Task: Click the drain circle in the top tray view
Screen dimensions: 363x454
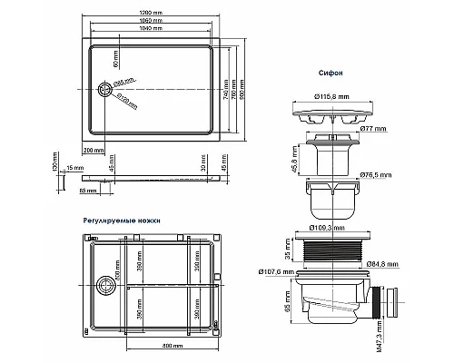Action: [104, 88]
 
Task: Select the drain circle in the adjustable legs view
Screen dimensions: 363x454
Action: [104, 286]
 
